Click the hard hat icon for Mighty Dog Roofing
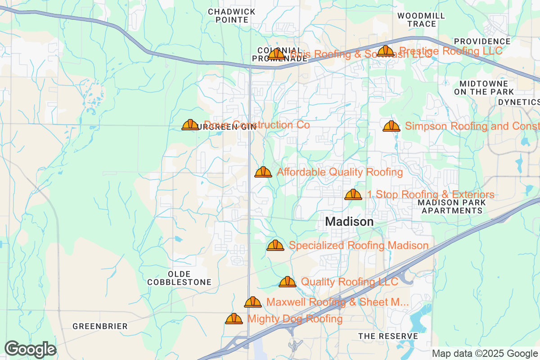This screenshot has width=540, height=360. (x=234, y=319)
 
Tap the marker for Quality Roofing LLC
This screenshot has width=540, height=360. (x=288, y=282)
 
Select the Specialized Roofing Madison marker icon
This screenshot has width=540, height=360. (x=275, y=246)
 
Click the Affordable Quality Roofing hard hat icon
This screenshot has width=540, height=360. (x=263, y=172)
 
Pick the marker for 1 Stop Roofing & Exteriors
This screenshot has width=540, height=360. (x=353, y=195)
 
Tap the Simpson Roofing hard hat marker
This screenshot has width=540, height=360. (x=391, y=126)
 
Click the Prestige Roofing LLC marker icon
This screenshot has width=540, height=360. (x=386, y=51)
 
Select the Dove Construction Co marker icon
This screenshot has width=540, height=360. (x=190, y=125)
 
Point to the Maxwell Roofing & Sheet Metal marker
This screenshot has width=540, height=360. (x=253, y=302)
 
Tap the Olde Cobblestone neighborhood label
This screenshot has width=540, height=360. (x=179, y=278)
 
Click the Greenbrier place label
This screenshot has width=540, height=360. (x=100, y=326)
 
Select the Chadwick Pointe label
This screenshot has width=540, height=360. (x=232, y=16)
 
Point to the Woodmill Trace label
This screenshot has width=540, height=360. (x=422, y=20)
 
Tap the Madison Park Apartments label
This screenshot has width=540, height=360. (x=452, y=207)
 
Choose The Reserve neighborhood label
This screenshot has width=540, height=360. (x=388, y=336)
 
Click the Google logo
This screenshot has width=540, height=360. (x=31, y=349)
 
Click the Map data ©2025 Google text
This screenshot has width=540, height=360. (x=485, y=354)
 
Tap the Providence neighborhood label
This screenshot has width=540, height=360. (x=482, y=41)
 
